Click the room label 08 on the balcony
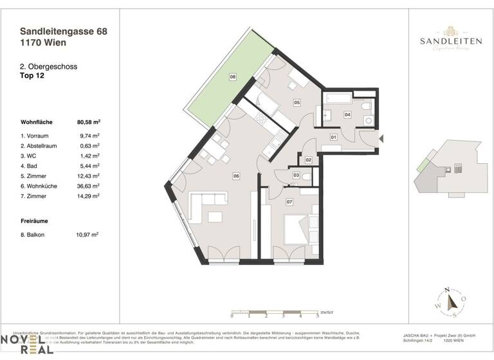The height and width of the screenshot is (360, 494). pos(233,77)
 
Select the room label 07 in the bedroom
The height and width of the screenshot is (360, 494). pos(289,203)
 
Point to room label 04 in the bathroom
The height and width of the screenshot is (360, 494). pos(347,115)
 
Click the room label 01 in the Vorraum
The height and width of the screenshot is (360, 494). pos(334,137)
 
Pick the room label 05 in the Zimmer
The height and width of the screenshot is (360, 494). pos(297,102)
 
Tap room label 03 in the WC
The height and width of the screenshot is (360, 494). pos(296,175)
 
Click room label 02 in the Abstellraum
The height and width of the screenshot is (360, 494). pos(309,159)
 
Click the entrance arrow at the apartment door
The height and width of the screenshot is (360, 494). pos(382,138)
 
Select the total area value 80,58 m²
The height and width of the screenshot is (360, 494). pos(89,122)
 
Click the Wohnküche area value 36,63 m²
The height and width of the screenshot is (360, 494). pos(88,185)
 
